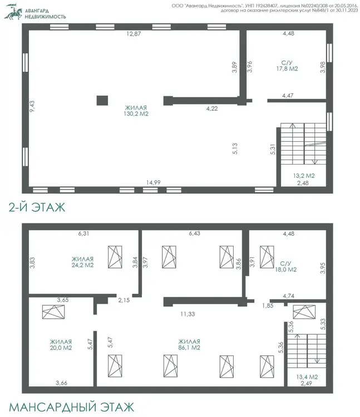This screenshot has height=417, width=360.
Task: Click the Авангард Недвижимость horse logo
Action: (x=13, y=12)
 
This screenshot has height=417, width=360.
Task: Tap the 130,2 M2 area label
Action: (x=136, y=114)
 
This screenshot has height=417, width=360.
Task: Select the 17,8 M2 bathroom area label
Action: (x=287, y=68)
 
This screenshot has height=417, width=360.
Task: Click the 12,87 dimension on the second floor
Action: (x=134, y=34)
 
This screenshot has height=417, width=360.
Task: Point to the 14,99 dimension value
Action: (x=153, y=182)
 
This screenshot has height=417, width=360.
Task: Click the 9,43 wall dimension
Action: (x=32, y=106)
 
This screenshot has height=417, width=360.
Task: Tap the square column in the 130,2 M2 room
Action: (x=102, y=101)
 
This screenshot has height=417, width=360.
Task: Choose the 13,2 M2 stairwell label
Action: (x=304, y=176)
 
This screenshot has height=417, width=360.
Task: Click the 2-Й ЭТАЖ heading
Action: (x=37, y=207)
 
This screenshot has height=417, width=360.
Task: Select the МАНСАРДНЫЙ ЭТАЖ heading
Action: (x=72, y=407)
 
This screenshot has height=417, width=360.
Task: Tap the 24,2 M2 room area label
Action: (x=82, y=265)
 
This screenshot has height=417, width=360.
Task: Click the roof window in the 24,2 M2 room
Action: (x=115, y=257)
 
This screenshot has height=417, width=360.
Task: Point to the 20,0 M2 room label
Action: (x=61, y=348)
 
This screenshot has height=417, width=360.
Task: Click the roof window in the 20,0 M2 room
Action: (x=53, y=312)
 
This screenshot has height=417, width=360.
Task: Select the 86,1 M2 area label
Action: (x=189, y=348)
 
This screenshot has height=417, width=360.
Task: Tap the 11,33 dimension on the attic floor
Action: (x=188, y=314)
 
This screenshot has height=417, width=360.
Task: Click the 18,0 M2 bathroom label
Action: (x=286, y=270)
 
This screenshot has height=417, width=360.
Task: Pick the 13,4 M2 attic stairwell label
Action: (x=307, y=377)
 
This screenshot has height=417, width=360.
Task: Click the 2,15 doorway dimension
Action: (x=124, y=300)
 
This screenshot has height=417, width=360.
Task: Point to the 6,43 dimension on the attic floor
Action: (x=195, y=233)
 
